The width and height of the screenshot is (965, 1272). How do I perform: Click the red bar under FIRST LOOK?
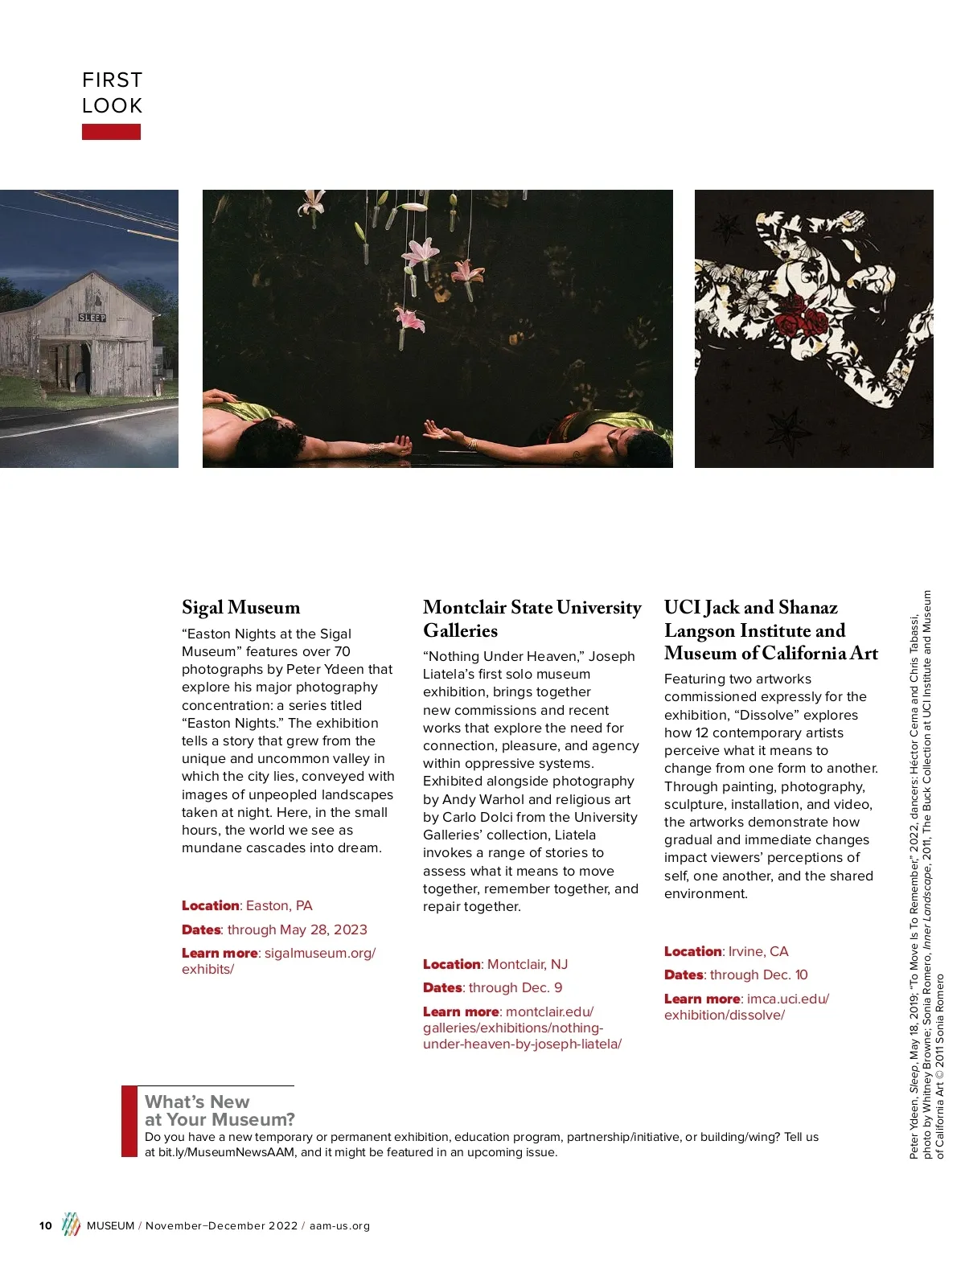[111, 132]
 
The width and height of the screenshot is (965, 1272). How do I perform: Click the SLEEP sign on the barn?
[92, 318]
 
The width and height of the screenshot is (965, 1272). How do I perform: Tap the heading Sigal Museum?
[240, 607]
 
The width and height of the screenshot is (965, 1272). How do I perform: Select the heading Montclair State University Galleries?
[532, 618]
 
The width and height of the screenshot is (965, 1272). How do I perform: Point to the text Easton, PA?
[279, 905]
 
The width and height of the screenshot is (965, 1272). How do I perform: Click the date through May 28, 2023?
[297, 929]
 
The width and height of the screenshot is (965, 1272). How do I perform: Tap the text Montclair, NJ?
[528, 964]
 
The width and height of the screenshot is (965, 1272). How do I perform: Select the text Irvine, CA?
[759, 951]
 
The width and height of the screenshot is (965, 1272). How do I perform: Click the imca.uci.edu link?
[787, 999]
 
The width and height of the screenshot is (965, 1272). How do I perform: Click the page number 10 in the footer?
[46, 1226]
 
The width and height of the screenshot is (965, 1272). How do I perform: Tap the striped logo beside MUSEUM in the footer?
[72, 1224]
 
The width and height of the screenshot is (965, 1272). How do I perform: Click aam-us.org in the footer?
[339, 1226]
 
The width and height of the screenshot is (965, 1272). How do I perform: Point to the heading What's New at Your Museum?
[220, 1110]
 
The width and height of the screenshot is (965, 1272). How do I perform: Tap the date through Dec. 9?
[515, 987]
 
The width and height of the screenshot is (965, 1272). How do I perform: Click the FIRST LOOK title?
[112, 92]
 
